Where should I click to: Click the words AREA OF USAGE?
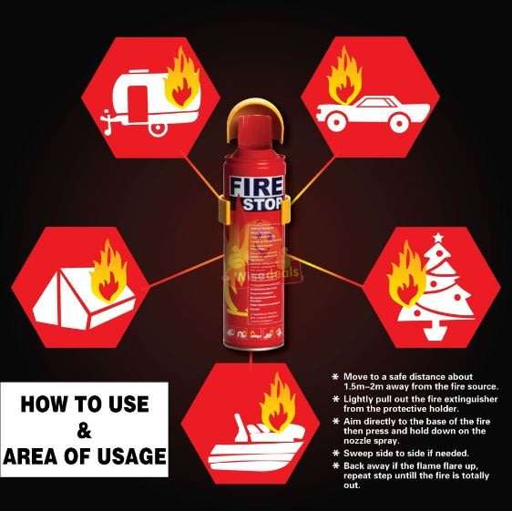[84, 455]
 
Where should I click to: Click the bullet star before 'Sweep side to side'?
[337, 453]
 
